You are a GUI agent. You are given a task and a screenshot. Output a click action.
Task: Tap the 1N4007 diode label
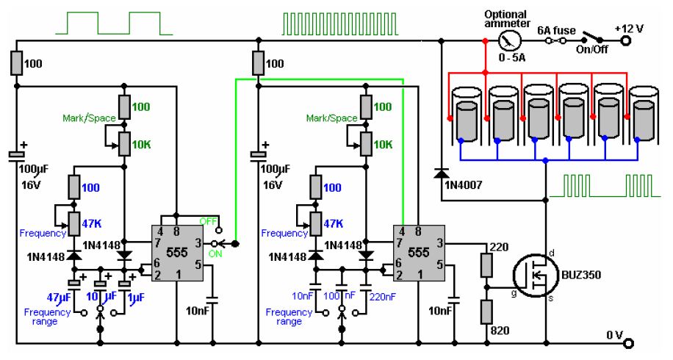[x=464, y=185]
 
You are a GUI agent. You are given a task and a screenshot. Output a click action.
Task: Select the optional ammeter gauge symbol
[x=509, y=40]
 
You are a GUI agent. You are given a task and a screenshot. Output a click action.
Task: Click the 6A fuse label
[x=556, y=30]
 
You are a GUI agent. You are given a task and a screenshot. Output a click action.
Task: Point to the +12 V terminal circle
[x=626, y=40]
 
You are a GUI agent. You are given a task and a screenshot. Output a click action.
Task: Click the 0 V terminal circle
[x=628, y=343]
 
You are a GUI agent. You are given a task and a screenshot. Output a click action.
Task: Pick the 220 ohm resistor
[x=486, y=264]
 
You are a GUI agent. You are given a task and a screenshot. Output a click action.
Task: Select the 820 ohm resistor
[x=486, y=312]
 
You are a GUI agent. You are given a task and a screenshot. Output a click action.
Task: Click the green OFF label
[x=209, y=221]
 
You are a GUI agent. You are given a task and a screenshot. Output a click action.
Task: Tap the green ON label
[x=215, y=253]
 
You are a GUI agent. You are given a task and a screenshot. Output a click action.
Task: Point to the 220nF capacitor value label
[x=382, y=297]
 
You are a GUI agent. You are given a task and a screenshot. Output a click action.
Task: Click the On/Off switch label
[x=592, y=49]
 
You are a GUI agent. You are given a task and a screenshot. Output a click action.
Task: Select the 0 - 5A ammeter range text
[x=512, y=57]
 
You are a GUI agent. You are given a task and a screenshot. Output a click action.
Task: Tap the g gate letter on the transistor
[x=514, y=294]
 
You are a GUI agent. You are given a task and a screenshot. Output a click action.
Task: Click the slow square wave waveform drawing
[x=114, y=24]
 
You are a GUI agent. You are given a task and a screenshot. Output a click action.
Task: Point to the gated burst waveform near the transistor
[x=605, y=185]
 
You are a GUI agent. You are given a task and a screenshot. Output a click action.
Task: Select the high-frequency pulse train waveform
[x=340, y=24]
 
